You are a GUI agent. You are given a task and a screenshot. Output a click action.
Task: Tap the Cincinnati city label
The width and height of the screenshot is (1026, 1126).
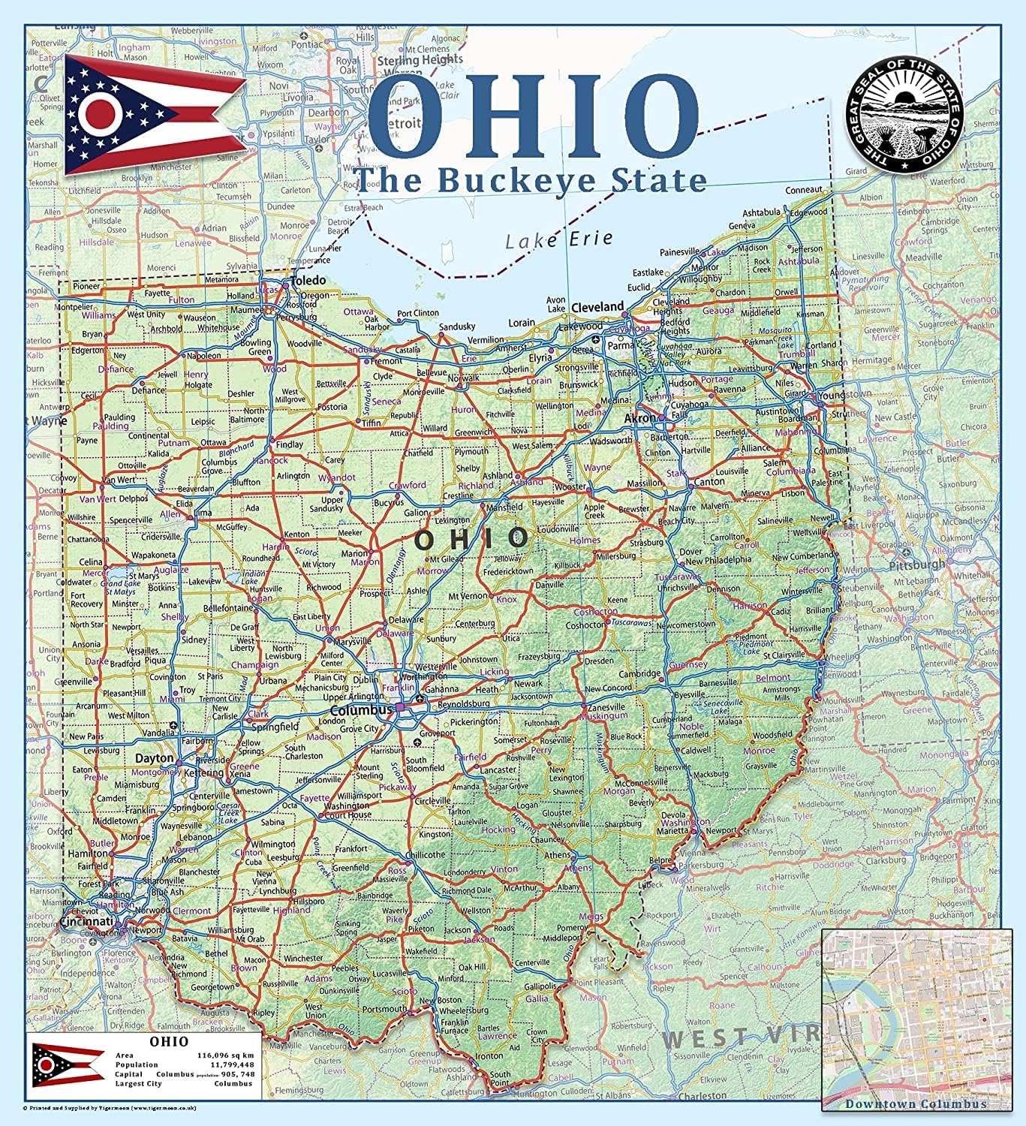tap(86, 921)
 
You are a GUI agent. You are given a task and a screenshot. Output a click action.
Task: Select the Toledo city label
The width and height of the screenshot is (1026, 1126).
tap(309, 281)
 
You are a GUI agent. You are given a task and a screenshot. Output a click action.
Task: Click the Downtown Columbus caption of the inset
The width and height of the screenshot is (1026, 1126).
tap(916, 1103)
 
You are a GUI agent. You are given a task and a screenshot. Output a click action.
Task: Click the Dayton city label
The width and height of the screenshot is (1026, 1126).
tap(155, 758)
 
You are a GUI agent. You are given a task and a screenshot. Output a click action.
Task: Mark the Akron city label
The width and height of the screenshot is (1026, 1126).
tap(640, 418)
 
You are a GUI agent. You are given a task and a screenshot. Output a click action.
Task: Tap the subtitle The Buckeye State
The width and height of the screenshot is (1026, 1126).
tap(530, 180)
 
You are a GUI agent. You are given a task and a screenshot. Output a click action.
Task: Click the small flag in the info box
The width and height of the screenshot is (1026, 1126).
tap(68, 1063)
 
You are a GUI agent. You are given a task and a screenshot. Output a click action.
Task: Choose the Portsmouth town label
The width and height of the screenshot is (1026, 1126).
tap(384, 1009)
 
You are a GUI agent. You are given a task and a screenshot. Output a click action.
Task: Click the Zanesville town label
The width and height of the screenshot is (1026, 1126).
tap(606, 707)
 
